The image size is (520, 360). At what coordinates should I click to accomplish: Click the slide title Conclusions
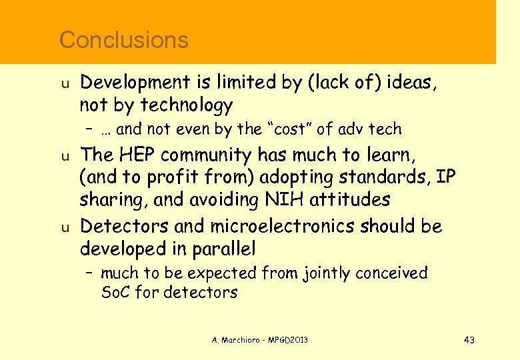point(124,40)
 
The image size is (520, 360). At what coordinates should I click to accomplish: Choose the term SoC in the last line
point(116,292)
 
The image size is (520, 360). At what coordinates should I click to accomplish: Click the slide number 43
point(469,341)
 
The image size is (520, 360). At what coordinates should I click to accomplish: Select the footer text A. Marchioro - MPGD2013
point(260,341)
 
